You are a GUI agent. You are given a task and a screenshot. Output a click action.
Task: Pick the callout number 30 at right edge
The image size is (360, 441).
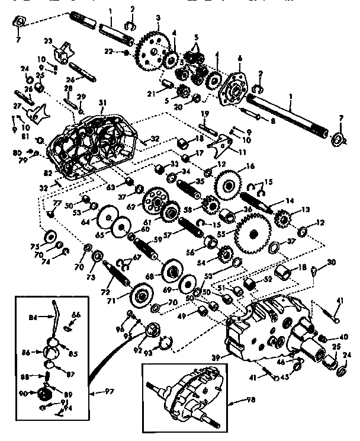point(331,261)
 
